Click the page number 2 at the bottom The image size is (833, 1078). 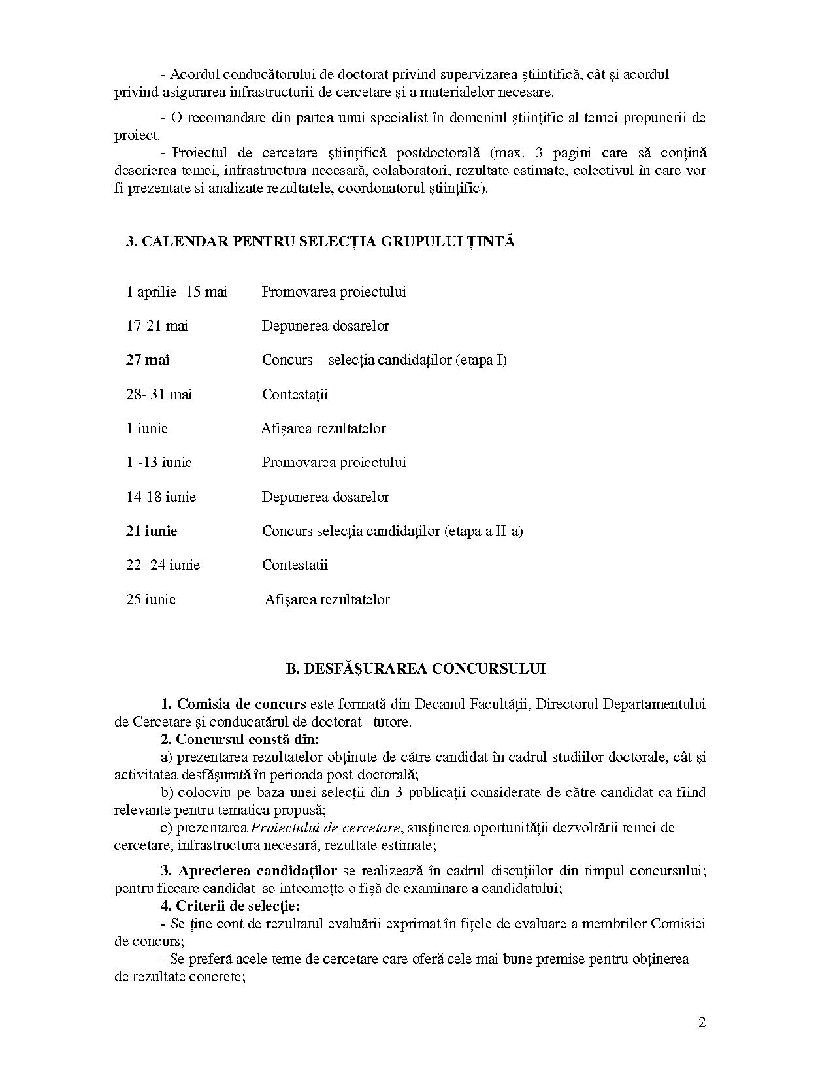(702, 1023)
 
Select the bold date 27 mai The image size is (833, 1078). (148, 360)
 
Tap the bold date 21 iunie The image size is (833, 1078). (152, 531)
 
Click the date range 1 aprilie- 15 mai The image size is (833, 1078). (176, 292)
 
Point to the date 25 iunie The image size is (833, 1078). (151, 600)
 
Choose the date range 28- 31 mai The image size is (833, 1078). (159, 395)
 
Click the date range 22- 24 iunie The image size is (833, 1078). (163, 565)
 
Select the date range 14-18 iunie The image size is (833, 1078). (161, 497)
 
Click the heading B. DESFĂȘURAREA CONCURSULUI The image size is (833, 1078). (416, 669)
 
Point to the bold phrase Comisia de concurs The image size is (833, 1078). (242, 704)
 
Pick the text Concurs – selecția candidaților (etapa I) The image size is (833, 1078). (384, 360)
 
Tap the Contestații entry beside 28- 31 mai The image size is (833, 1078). (295, 395)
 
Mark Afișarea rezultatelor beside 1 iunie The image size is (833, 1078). (323, 429)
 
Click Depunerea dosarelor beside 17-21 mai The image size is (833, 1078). (325, 326)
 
